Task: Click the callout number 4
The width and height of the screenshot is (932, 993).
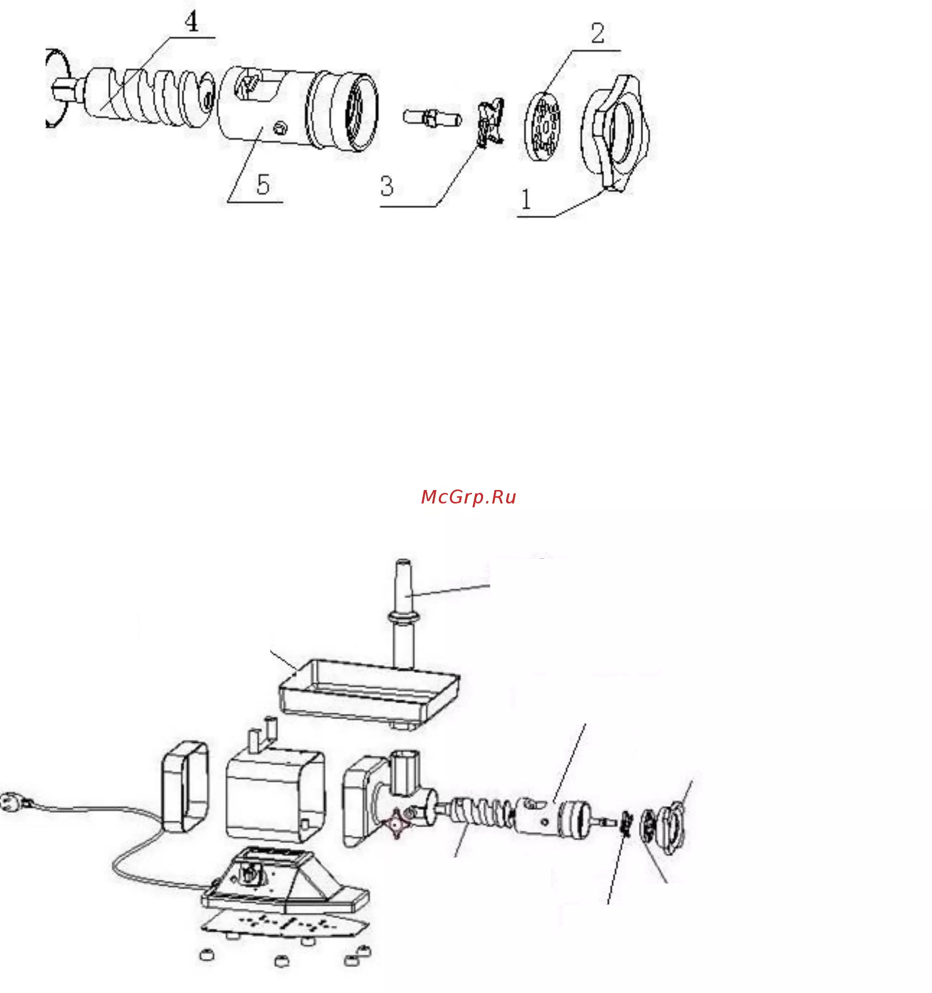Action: tap(191, 22)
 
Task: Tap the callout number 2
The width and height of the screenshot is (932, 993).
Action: tap(597, 34)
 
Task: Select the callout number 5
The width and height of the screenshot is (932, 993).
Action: tap(263, 184)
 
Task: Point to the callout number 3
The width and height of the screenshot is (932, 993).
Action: tap(386, 186)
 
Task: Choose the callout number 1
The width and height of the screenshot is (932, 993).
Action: tap(526, 199)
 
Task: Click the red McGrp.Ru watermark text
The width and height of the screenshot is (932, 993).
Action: tap(468, 497)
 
